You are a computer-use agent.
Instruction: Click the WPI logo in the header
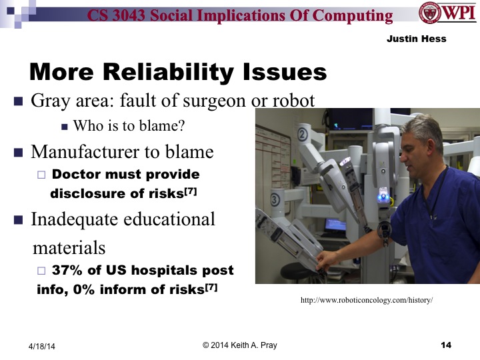[447, 14]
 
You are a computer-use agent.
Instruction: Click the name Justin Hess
[416, 39]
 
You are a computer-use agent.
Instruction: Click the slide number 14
[446, 345]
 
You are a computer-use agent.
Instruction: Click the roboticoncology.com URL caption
[367, 301]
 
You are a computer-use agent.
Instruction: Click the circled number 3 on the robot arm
[275, 199]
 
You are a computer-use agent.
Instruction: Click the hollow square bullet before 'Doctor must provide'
[41, 175]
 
